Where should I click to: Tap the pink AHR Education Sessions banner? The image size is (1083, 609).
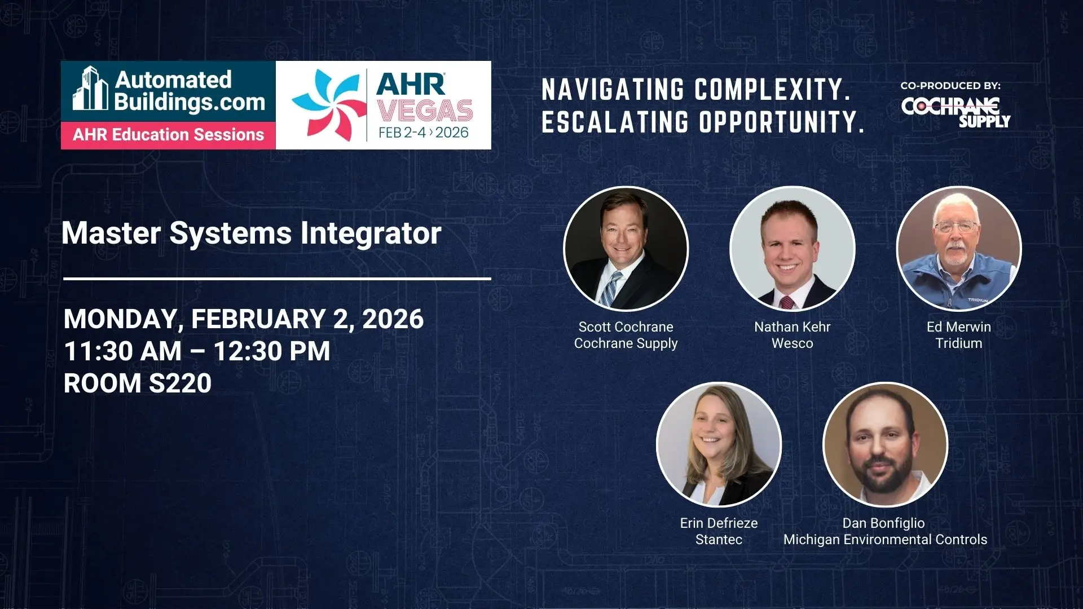pyautogui.click(x=168, y=135)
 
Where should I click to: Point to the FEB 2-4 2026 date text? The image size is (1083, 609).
pyautogui.click(x=424, y=133)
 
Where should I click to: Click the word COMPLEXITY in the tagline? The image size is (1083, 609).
pyautogui.click(x=772, y=90)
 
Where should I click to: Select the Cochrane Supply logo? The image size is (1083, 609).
pyautogui.click(x=956, y=112)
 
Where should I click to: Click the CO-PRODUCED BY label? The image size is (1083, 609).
pyautogui.click(x=950, y=86)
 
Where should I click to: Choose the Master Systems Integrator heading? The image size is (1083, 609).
pyautogui.click(x=252, y=233)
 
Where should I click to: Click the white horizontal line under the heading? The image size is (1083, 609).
pyautogui.click(x=277, y=279)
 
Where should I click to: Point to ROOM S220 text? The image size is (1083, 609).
pyautogui.click(x=138, y=383)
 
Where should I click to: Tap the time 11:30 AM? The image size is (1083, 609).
pyautogui.click(x=123, y=351)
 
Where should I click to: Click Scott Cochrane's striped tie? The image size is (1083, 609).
pyautogui.click(x=611, y=289)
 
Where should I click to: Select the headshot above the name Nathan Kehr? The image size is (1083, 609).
pyautogui.click(x=793, y=249)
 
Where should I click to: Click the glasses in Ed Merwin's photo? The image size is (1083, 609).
pyautogui.click(x=957, y=227)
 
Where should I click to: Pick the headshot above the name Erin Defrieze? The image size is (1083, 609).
pyautogui.click(x=719, y=444)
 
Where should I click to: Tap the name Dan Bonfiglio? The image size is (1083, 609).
pyautogui.click(x=884, y=523)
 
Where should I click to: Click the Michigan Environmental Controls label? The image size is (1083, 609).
pyautogui.click(x=886, y=540)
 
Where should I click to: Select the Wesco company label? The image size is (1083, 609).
pyautogui.click(x=793, y=343)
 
